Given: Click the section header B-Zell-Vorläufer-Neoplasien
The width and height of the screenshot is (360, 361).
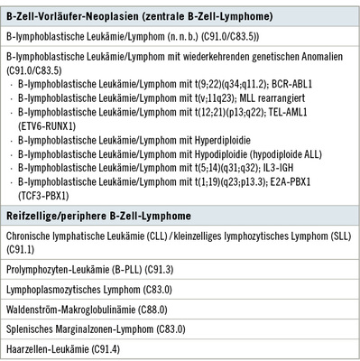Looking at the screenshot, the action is point(77,14).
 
